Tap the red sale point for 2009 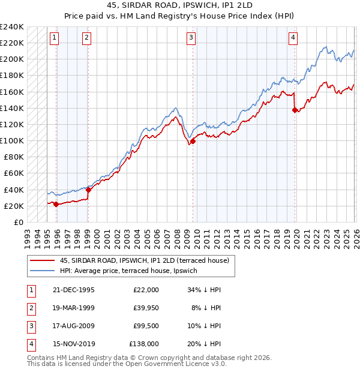click(193, 142)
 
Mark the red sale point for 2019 click(295, 110)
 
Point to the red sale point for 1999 click(88, 190)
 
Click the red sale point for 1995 click(56, 204)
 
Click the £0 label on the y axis click(18, 222)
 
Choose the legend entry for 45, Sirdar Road click(144, 260)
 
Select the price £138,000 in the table click(144, 344)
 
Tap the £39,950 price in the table click(146, 307)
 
